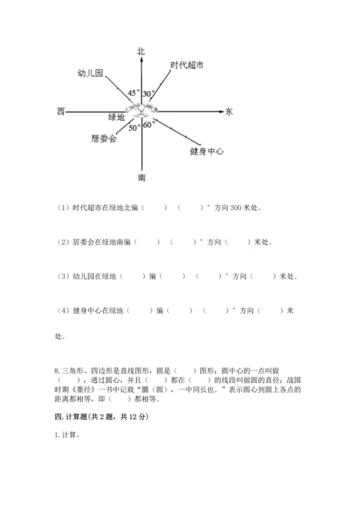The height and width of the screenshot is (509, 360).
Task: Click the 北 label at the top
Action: [x=141, y=50]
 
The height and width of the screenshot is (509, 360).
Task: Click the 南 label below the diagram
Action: [x=142, y=177]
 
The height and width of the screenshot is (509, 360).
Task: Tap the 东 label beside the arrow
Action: [x=229, y=112]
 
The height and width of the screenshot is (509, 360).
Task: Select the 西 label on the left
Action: [x=60, y=112]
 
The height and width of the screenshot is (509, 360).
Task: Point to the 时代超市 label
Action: [x=186, y=66]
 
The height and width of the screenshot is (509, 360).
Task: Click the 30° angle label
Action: [x=149, y=94]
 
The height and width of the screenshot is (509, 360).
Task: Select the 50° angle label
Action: [x=134, y=128]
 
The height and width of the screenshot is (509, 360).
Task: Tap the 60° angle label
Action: [x=149, y=125]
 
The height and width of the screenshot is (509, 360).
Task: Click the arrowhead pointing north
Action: [x=142, y=60]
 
